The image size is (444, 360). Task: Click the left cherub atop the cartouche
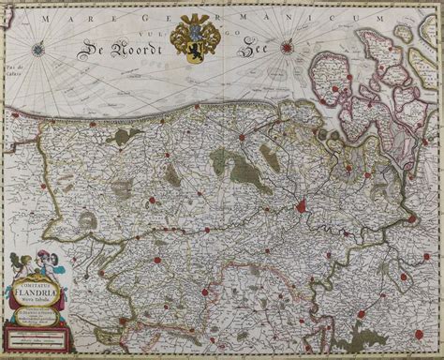[x=18, y=264]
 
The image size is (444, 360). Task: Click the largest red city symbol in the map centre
[x=301, y=204]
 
